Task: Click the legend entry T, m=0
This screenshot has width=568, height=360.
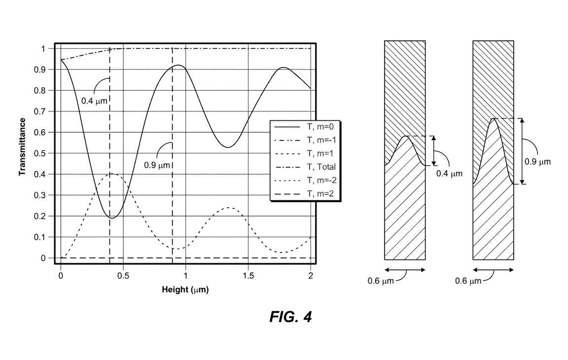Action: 320,127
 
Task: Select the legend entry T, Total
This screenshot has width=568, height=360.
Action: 321,167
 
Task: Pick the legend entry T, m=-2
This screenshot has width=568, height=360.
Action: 321,180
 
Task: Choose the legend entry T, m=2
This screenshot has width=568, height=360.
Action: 320,194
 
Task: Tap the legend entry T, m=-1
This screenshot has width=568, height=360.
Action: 321,140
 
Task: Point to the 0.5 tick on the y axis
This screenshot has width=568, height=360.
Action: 40,153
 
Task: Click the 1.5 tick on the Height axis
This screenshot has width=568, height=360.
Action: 248,276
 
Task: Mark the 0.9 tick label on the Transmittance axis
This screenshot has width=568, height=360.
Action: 40,70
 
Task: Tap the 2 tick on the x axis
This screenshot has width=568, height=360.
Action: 311,276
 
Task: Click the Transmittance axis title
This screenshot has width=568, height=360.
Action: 23,147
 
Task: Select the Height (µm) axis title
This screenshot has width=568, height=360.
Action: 185,290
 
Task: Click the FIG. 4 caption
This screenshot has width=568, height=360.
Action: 290,317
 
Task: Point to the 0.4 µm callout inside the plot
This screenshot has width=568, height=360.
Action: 94,101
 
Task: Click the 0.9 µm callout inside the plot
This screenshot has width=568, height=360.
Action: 157,165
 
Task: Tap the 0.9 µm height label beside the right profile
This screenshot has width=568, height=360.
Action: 537,162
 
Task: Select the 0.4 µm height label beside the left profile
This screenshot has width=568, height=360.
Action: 449,174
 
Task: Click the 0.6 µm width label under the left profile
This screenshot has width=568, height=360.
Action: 381,281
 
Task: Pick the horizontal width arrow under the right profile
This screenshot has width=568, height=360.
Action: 494,270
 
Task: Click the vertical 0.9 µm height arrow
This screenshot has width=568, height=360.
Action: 522,151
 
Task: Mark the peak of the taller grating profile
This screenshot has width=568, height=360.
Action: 494,118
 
